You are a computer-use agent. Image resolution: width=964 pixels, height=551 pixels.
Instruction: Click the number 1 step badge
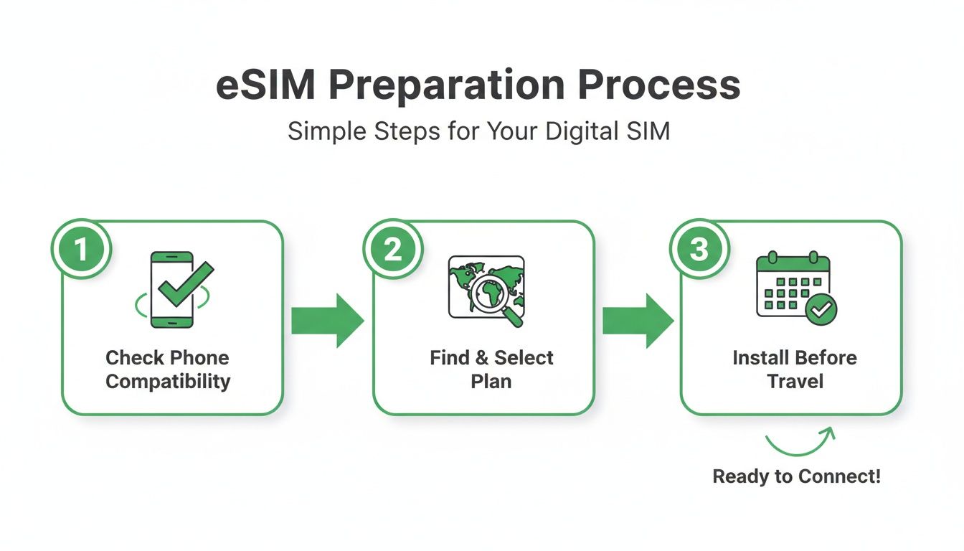81,250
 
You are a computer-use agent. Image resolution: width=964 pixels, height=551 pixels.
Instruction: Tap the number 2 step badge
392,250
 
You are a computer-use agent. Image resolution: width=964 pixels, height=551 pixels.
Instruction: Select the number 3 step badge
699,250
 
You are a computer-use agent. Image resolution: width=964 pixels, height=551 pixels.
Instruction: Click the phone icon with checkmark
172,290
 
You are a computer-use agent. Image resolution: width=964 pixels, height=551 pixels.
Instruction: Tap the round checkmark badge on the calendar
821,310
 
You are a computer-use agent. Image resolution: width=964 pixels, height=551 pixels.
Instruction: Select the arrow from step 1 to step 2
327,321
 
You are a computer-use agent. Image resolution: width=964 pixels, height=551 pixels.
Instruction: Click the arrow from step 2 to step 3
638,321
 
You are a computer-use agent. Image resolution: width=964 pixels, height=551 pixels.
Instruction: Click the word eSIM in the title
265,86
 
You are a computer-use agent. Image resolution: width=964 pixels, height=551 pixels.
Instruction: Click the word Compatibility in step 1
168,381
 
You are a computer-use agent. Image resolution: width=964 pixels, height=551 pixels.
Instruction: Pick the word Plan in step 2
491,381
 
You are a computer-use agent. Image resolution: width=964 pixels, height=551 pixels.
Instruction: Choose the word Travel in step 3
795,381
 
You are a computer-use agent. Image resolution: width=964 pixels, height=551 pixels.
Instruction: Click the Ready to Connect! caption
796,476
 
